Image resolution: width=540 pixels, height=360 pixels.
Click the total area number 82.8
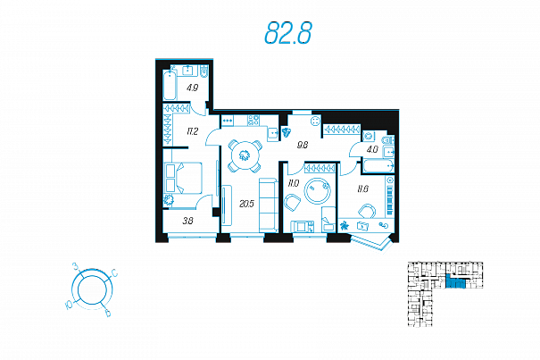pos(287,34)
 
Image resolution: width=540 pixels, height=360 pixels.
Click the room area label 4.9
pos(191,88)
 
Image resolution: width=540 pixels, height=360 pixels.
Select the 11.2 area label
pos(191,131)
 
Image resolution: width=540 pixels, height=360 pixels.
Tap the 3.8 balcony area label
pos(187,220)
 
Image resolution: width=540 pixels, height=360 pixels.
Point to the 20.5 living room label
pos(247,205)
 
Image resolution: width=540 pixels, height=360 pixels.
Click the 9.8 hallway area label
pos(302,144)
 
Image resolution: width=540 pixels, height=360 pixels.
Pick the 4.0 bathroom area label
pos(371,150)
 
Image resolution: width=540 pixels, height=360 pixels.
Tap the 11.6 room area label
pos(362,188)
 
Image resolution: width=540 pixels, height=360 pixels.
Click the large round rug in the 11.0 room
pos(319,191)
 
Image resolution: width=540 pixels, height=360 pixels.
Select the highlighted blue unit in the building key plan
pos(457,284)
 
